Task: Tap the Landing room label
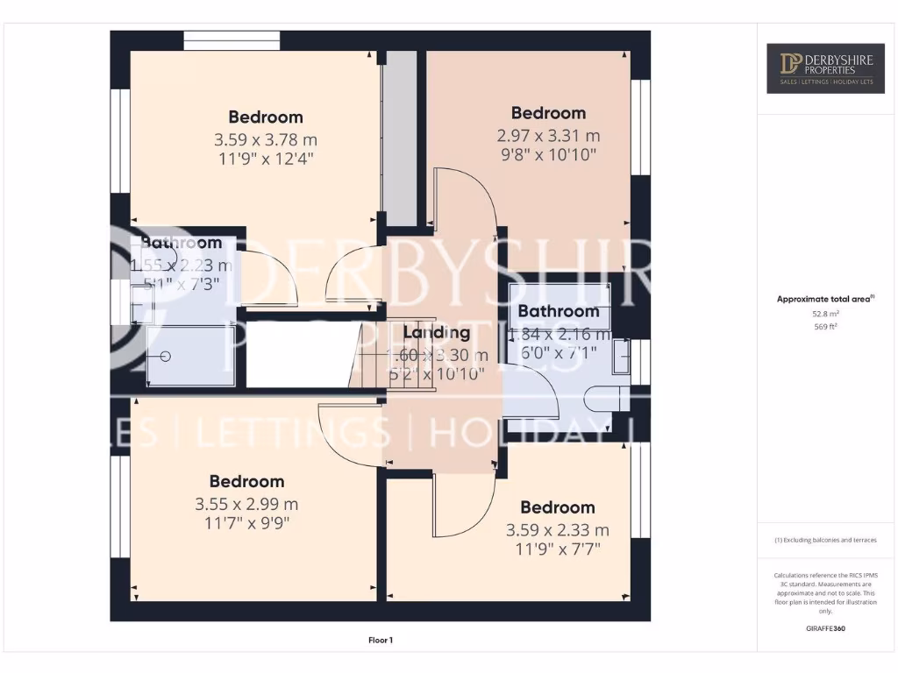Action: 436,332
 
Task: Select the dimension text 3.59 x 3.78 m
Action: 266,139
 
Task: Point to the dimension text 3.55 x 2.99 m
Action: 246,504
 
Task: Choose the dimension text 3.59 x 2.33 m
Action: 557,530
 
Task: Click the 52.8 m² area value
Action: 825,313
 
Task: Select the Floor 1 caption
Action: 380,641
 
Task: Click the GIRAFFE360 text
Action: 825,628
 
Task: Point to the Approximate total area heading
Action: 823,299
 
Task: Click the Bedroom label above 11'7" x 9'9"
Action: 246,481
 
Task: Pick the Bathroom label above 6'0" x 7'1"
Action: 559,311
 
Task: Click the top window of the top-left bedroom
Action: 232,40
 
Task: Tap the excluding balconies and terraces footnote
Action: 825,540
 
